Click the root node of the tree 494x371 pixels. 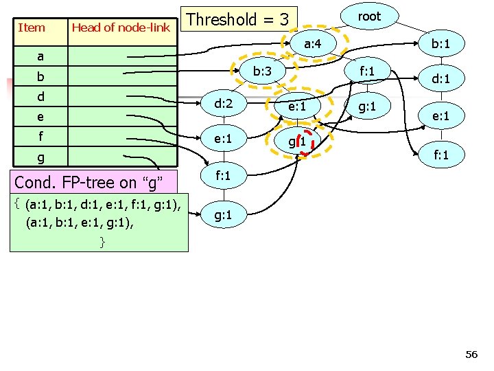click(x=368, y=16)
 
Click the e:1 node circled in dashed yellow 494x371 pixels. click(x=301, y=106)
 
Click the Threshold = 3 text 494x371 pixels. click(x=237, y=19)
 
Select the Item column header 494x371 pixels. click(x=32, y=28)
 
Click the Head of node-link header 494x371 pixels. click(x=121, y=28)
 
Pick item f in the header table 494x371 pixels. click(x=40, y=137)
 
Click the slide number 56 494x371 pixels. click(x=471, y=355)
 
